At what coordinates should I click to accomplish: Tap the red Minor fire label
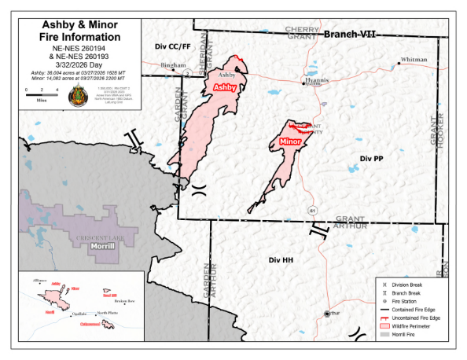point(290,142)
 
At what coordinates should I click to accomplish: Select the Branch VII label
point(351,35)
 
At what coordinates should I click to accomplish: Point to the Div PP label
point(371,158)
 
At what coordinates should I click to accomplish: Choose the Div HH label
point(281,259)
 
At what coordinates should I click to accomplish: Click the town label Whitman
point(414,60)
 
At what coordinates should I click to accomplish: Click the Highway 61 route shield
point(312,211)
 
